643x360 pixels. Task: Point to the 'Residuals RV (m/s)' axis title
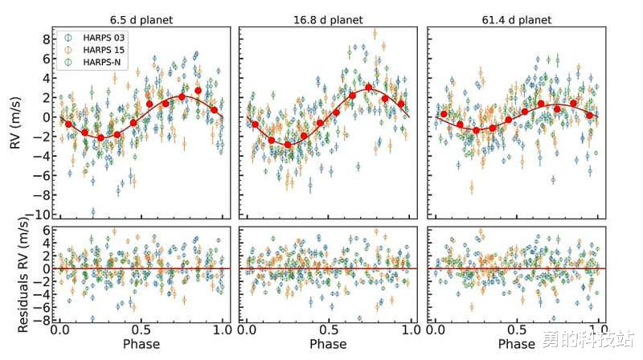[15, 277]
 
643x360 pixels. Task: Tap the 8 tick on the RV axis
[47, 39]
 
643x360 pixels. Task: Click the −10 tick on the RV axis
[42, 215]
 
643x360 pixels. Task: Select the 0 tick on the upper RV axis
[47, 117]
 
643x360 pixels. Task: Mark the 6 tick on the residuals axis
[47, 230]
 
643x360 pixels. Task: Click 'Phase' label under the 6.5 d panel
[141, 345]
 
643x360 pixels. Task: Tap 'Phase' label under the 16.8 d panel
[329, 345]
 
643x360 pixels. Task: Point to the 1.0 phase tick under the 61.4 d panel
[598, 330]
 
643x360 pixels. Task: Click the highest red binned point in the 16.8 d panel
[369, 88]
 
